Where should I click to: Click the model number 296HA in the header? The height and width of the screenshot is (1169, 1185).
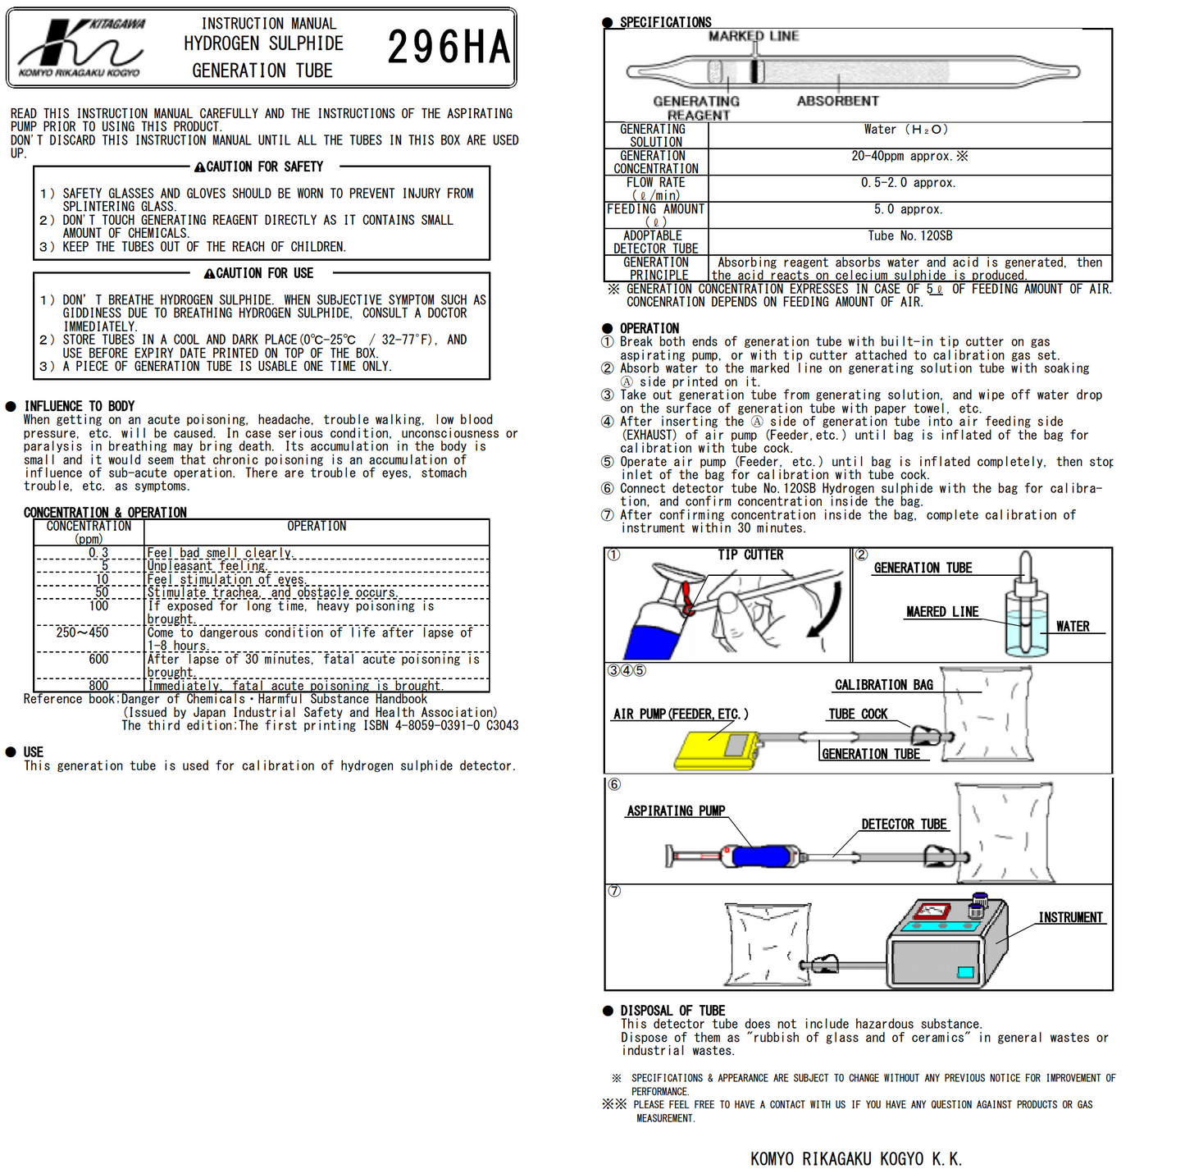pyautogui.click(x=449, y=47)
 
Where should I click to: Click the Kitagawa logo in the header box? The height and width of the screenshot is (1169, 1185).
pyautogui.click(x=80, y=48)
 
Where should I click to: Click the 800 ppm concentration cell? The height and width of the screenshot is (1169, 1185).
pyautogui.click(x=98, y=686)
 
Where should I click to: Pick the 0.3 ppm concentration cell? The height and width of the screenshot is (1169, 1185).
pyautogui.click(x=98, y=553)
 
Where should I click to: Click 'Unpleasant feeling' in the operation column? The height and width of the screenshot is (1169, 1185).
pyautogui.click(x=206, y=566)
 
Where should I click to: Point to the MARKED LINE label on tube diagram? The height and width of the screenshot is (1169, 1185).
pyautogui.click(x=754, y=36)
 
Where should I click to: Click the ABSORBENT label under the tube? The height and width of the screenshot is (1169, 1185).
pyautogui.click(x=837, y=101)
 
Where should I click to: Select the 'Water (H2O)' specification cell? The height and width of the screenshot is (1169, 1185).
pyautogui.click(x=905, y=130)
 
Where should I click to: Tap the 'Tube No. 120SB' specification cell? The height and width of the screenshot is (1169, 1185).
pyautogui.click(x=909, y=236)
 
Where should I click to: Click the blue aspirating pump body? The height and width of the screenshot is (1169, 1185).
pyautogui.click(x=763, y=856)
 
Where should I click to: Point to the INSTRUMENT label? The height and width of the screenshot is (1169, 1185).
pyautogui.click(x=1070, y=917)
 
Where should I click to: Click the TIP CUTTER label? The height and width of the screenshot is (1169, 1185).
pyautogui.click(x=750, y=555)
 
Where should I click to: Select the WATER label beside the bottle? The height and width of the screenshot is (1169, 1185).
pyautogui.click(x=1073, y=627)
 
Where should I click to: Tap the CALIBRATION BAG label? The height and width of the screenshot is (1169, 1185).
pyautogui.click(x=883, y=685)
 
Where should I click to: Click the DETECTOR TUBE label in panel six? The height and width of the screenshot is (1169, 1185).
pyautogui.click(x=904, y=824)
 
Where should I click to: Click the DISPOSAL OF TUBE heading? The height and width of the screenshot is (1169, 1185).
pyautogui.click(x=672, y=1011)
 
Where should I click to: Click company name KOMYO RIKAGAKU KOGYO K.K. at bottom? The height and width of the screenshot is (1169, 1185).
pyautogui.click(x=855, y=1158)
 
